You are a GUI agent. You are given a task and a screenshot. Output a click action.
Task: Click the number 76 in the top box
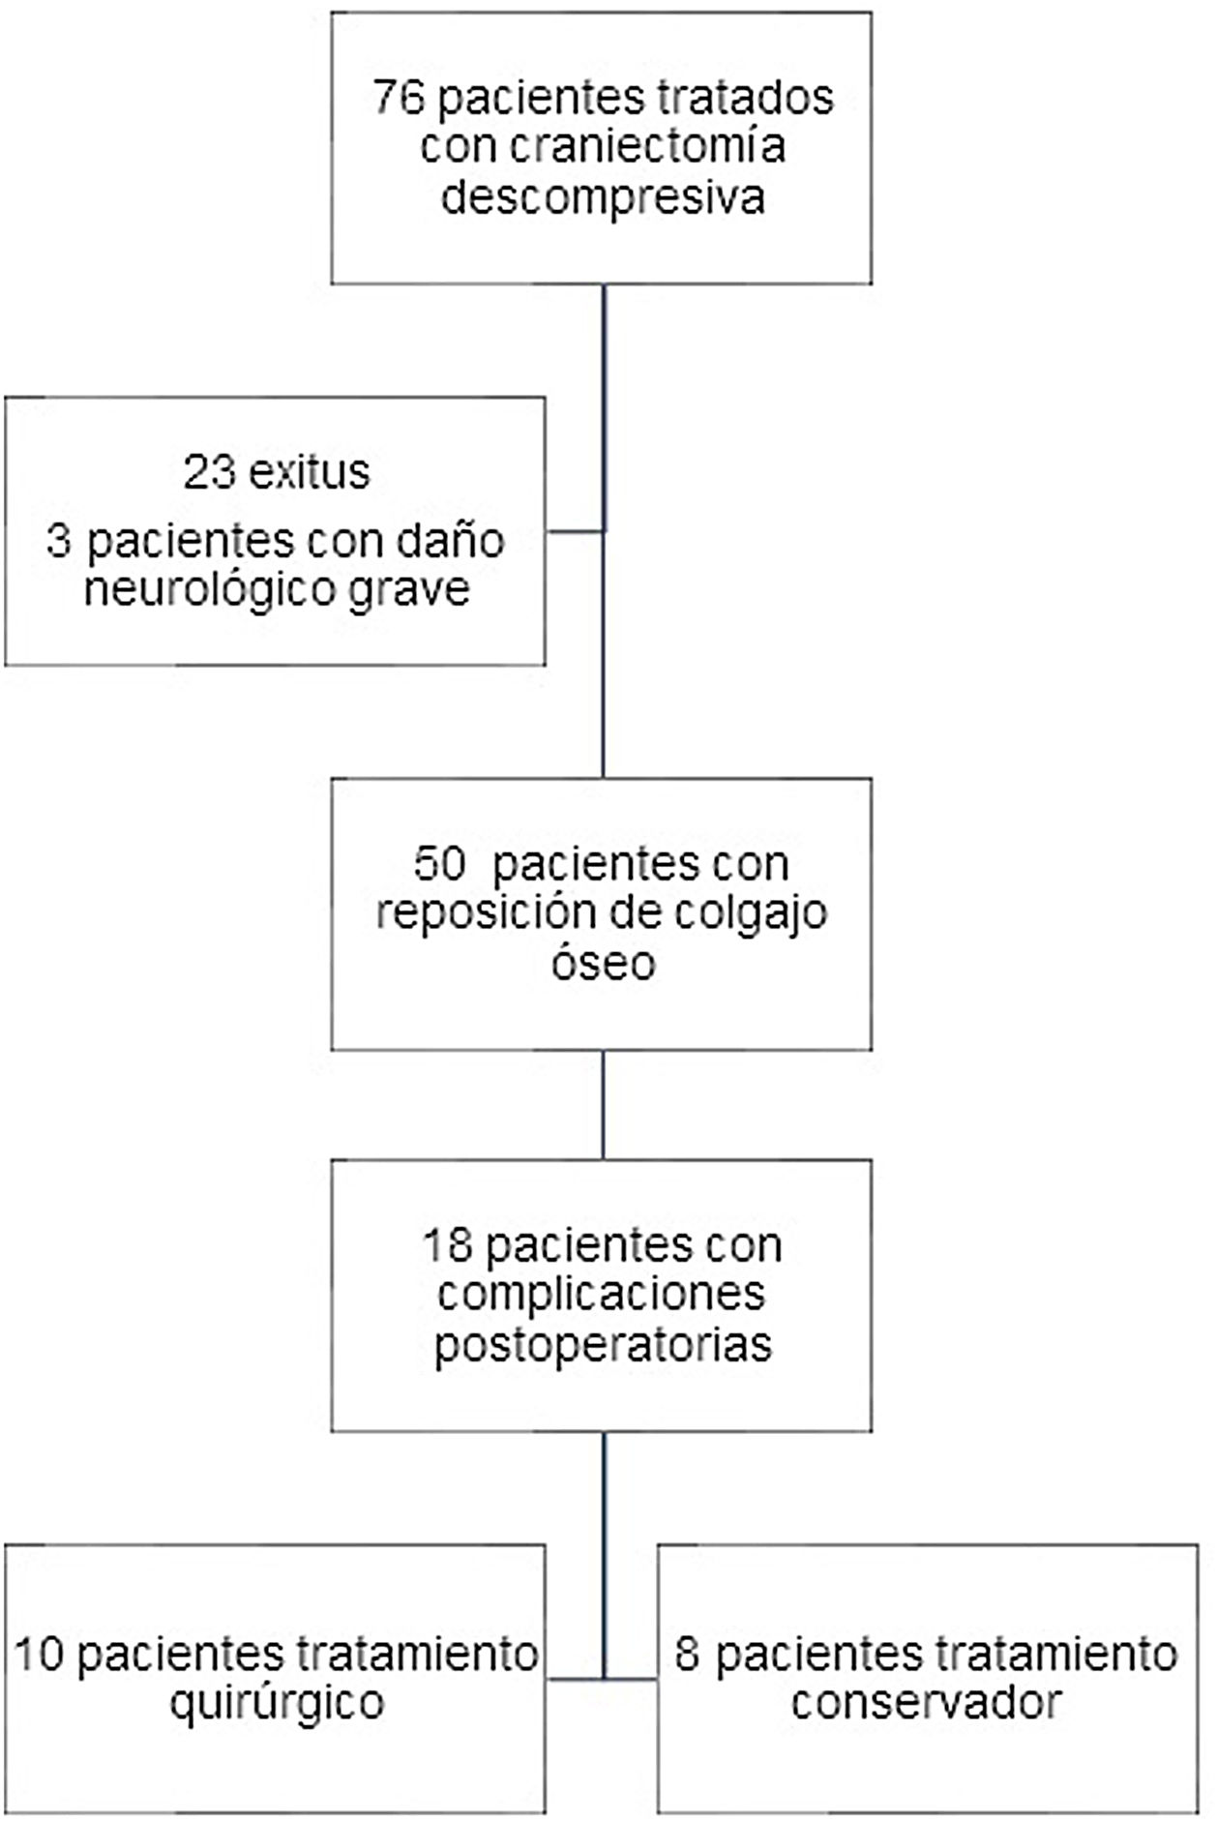pyautogui.click(x=398, y=98)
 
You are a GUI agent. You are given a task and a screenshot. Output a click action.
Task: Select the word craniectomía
pyautogui.click(x=646, y=147)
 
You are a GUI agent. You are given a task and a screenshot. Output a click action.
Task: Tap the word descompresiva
pyautogui.click(x=603, y=197)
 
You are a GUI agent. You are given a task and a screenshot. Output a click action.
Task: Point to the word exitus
pyautogui.click(x=310, y=473)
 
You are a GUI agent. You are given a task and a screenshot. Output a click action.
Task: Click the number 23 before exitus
pyautogui.click(x=209, y=473)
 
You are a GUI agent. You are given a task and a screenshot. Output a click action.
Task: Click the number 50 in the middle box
pyautogui.click(x=440, y=863)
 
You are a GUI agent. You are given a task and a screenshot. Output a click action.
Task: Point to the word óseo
pyautogui.click(x=603, y=963)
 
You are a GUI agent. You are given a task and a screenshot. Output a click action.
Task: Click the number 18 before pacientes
pyautogui.click(x=447, y=1244)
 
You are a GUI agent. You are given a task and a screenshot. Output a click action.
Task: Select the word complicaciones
pyautogui.click(x=601, y=1294)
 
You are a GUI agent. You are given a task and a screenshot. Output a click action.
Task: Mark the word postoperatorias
pyautogui.click(x=603, y=1345)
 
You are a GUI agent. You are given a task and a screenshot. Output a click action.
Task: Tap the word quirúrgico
pyautogui.click(x=277, y=1702)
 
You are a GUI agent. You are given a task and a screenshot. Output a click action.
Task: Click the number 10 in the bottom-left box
pyautogui.click(x=39, y=1654)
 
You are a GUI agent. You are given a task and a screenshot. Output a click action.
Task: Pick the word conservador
pyautogui.click(x=926, y=1702)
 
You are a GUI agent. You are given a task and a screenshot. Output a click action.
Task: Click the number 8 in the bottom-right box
pyautogui.click(x=687, y=1654)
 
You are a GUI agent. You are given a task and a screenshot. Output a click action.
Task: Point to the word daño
pyautogui.click(x=459, y=541)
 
